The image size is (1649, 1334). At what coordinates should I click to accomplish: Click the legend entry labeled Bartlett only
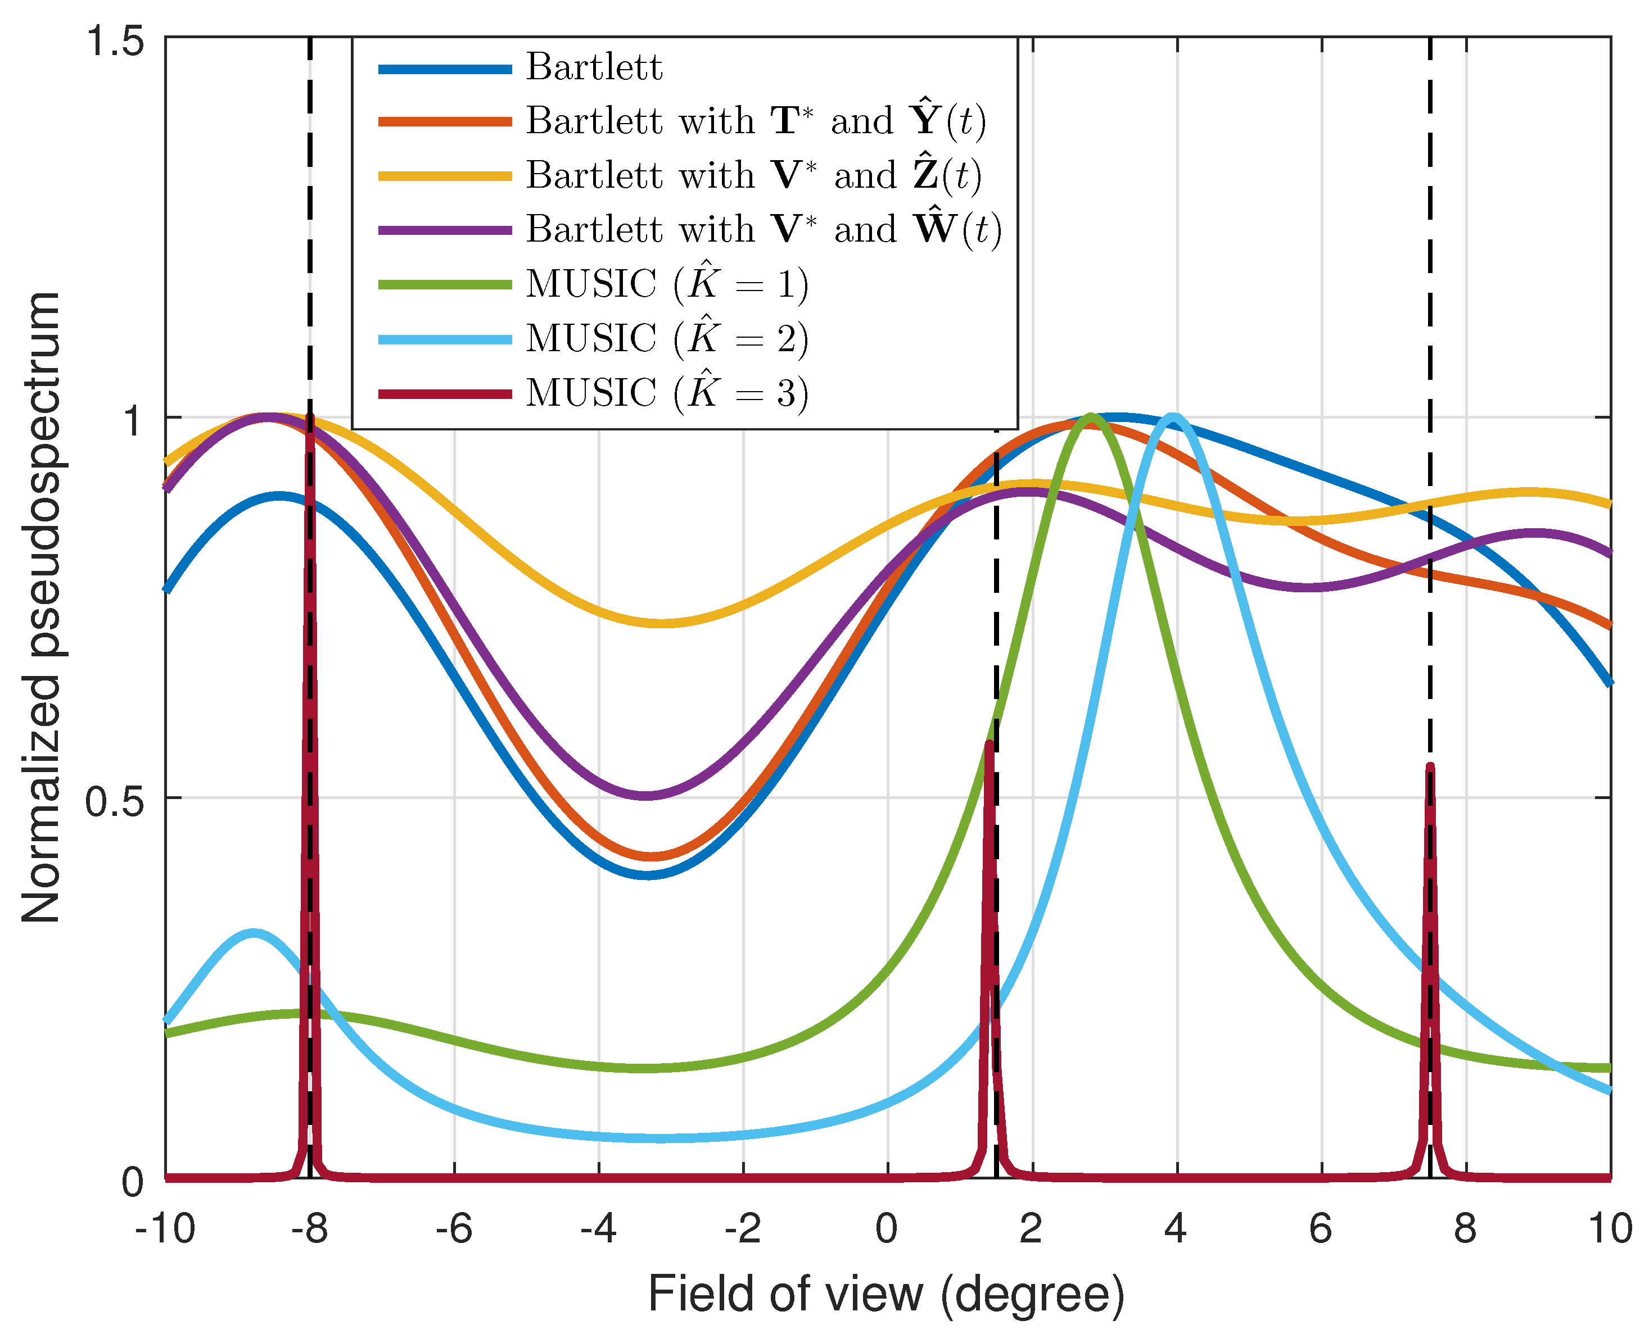click(594, 67)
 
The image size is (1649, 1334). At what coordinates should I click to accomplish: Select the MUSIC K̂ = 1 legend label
click(667, 284)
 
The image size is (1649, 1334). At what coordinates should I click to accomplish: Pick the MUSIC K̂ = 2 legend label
click(667, 339)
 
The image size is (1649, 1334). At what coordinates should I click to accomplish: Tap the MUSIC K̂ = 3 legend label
click(667, 393)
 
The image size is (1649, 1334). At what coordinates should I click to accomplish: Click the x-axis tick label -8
click(309, 1229)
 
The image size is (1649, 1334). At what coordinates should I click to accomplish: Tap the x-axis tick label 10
click(1610, 1229)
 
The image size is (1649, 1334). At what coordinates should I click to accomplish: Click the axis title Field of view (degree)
click(887, 1295)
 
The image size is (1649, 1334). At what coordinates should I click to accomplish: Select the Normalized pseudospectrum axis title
click(42, 607)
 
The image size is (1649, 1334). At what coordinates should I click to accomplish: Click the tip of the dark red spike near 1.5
click(990, 743)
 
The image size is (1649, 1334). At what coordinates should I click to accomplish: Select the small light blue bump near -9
click(253, 934)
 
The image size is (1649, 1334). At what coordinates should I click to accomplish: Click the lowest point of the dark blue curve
click(649, 874)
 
